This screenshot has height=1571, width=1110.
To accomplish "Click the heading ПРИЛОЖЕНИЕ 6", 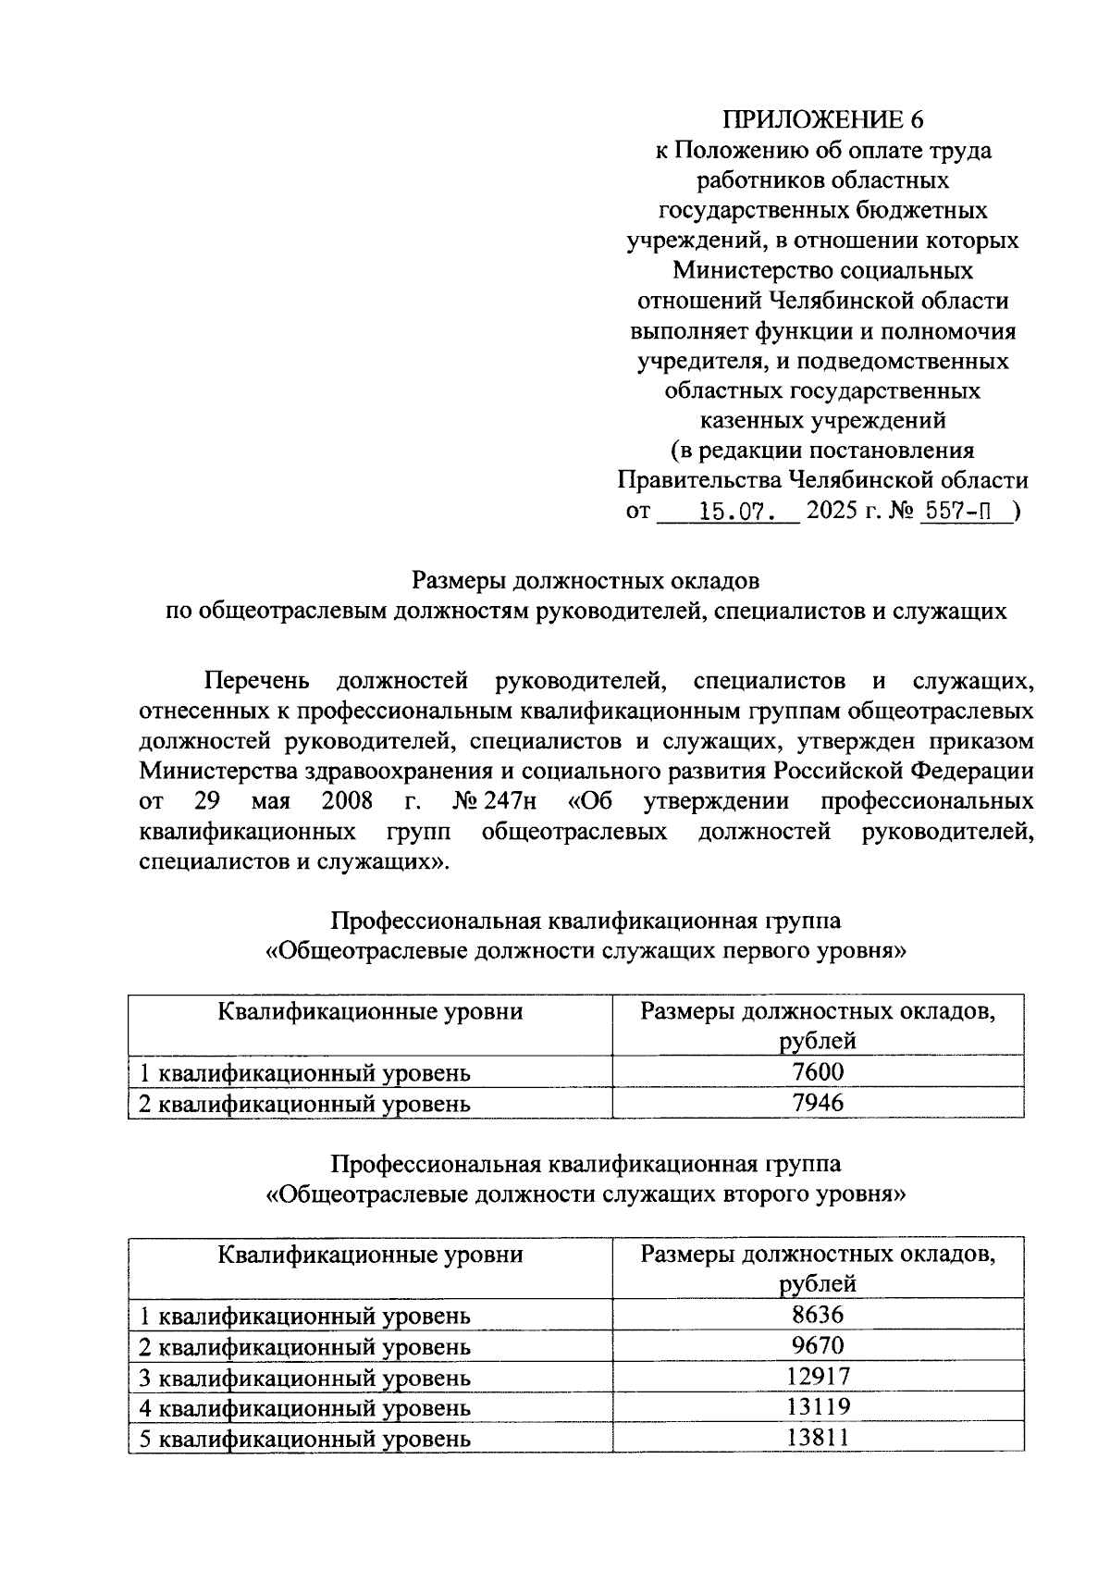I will (x=822, y=119).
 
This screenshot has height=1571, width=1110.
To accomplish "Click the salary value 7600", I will (x=818, y=1071).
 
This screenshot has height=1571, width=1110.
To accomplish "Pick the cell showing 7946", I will (x=818, y=1102).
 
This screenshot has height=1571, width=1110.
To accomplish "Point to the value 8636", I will (x=818, y=1314).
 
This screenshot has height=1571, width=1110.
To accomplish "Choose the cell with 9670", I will (x=818, y=1344).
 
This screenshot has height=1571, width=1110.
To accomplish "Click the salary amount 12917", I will (x=818, y=1376).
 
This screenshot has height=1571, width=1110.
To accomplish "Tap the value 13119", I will (x=818, y=1406).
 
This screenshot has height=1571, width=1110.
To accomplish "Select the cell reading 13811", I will (x=818, y=1437).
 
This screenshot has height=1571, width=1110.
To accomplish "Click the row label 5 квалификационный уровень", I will (x=304, y=1439).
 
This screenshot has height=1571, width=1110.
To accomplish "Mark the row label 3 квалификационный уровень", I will (x=304, y=1378).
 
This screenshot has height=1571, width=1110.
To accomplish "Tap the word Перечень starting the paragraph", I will (x=254, y=682).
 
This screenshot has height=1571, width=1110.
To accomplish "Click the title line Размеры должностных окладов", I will (x=586, y=581).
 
